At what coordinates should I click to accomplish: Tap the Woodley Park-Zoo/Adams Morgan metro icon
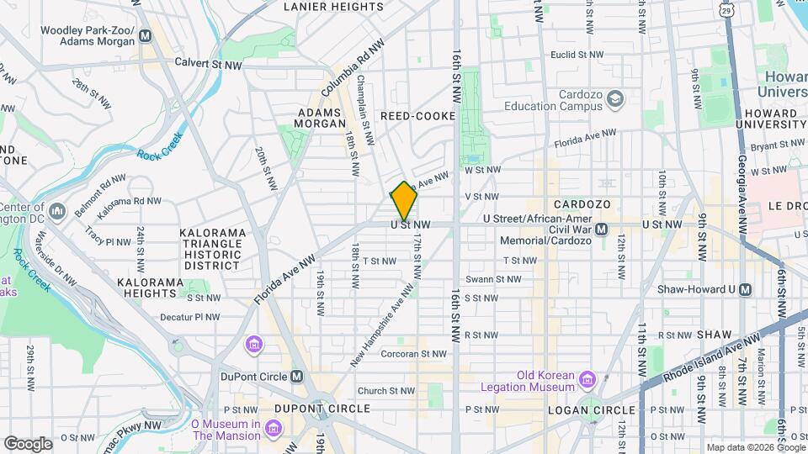[146, 35]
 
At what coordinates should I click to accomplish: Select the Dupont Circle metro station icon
[297, 376]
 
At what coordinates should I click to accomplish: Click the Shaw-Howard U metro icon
[745, 289]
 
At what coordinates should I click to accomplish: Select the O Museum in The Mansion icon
[273, 430]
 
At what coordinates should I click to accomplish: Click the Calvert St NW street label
[208, 65]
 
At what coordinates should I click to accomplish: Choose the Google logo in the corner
[28, 443]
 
